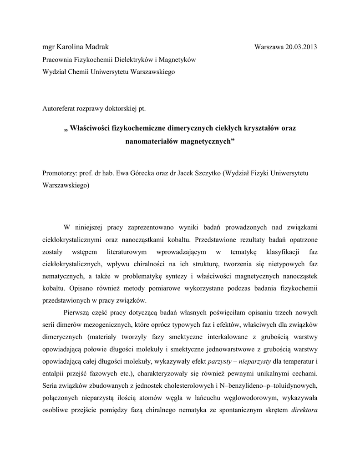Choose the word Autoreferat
[59, 109]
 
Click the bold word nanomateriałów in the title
[152, 142]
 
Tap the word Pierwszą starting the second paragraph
[77, 314]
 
